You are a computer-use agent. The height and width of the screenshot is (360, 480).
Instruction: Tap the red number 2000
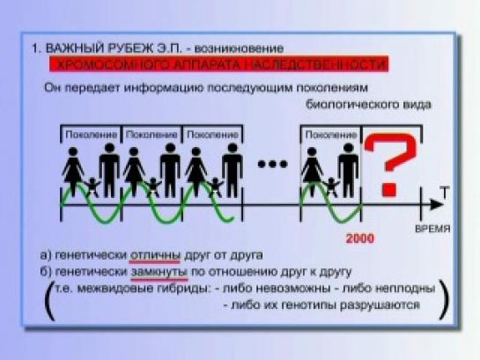(360, 239)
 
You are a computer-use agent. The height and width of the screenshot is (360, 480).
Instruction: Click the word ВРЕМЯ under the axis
(432, 229)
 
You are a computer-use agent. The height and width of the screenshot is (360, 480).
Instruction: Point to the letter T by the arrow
(444, 193)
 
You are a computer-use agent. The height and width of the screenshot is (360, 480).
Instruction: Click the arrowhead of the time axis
(437, 204)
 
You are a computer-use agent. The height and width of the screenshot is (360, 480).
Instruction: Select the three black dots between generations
(272, 164)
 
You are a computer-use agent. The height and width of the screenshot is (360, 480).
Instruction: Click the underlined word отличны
(155, 255)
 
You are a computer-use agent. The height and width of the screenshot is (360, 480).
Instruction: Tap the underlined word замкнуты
(159, 272)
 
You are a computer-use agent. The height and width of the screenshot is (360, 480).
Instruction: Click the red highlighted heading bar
(219, 64)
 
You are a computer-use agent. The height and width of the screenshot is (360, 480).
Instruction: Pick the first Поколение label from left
(92, 135)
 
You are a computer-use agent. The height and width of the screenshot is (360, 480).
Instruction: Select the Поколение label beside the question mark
(331, 135)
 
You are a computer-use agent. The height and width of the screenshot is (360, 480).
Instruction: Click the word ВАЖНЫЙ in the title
(74, 48)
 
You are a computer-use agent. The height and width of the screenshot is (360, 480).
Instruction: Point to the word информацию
(164, 88)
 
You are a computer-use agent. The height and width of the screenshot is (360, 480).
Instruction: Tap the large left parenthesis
(50, 300)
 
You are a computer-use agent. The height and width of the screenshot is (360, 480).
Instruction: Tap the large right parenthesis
(444, 299)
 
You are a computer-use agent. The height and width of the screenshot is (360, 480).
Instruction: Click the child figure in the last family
(330, 187)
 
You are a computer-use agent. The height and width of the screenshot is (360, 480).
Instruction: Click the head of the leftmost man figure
(109, 149)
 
